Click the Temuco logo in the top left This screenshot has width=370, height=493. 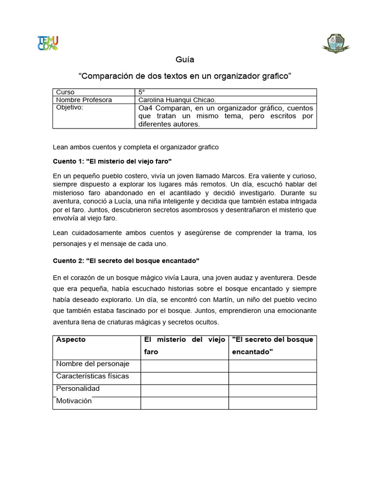(x=48, y=43)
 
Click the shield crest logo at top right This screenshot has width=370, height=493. (x=335, y=43)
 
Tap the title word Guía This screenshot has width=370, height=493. (x=185, y=60)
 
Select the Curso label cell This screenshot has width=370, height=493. (x=66, y=92)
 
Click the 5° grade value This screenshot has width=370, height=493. (x=142, y=92)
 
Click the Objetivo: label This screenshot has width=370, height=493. (x=70, y=107)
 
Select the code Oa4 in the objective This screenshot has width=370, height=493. (x=146, y=108)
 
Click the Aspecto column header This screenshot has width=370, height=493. (x=71, y=339)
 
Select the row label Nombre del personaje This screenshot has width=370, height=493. (x=92, y=364)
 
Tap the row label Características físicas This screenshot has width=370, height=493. (x=92, y=376)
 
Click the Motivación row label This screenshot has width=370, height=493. (x=74, y=401)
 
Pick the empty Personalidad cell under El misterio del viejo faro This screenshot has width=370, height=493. (x=185, y=390)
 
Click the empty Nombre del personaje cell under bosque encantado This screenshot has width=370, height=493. (x=273, y=366)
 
